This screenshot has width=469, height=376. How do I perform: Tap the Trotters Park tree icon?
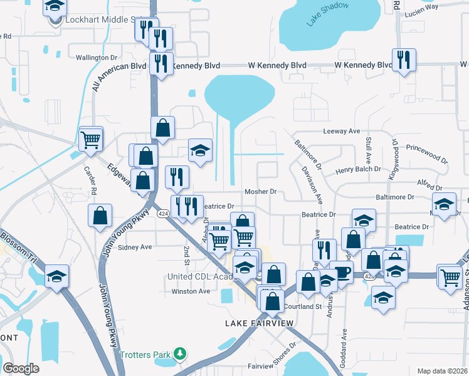(181, 355)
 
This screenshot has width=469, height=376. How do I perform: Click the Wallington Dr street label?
(92, 58)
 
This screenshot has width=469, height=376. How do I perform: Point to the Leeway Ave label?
(341, 132)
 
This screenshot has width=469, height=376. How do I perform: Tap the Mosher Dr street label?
(260, 192)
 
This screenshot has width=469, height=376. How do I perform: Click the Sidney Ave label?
(135, 247)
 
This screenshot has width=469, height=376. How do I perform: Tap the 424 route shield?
(163, 214)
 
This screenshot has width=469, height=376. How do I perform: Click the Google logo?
(21, 368)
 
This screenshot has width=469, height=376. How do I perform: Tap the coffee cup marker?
(342, 272)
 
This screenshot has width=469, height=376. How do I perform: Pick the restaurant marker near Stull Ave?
(403, 60)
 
